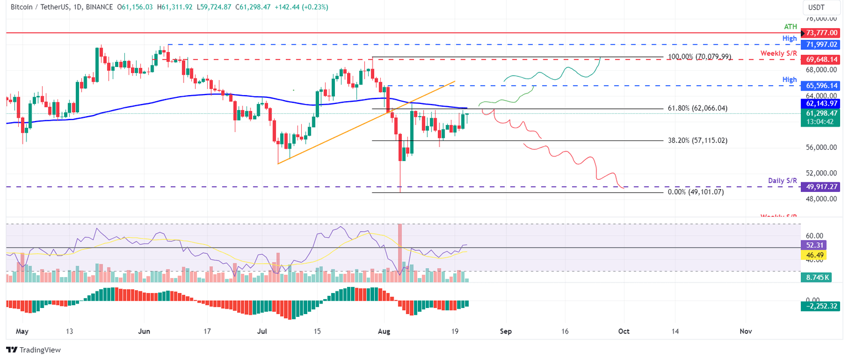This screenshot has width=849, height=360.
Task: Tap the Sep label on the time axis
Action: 506,331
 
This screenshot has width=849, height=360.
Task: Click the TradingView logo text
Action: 33,350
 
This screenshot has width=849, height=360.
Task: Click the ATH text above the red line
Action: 790,26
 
